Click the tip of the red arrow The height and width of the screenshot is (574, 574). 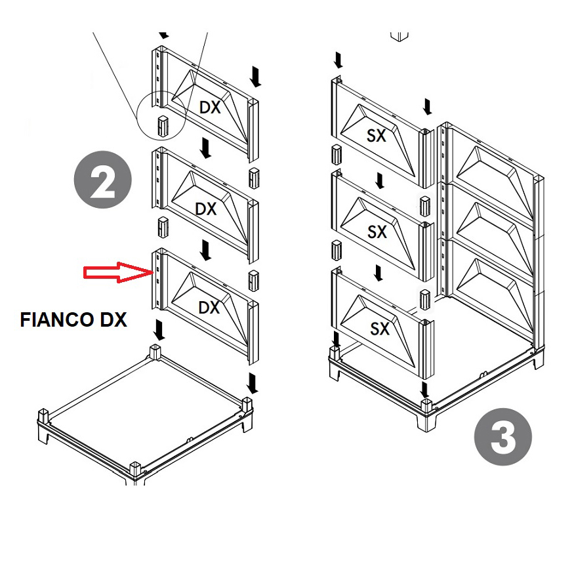(152, 272)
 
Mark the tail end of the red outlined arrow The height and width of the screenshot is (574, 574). (84, 273)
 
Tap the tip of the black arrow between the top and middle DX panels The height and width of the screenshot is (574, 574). (206, 158)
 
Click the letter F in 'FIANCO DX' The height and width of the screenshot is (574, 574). (26, 319)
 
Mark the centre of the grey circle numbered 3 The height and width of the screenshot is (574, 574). (502, 436)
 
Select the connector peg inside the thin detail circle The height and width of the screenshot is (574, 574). (163, 127)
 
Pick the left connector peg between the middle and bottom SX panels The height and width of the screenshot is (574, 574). (337, 250)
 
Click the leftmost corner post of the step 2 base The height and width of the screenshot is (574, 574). (43, 418)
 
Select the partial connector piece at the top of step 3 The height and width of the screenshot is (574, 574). (400, 36)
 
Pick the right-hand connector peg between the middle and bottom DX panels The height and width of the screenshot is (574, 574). (254, 280)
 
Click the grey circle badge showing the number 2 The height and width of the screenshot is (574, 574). (103, 180)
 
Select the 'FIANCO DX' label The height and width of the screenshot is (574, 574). (73, 319)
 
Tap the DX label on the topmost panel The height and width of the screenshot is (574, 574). (210, 108)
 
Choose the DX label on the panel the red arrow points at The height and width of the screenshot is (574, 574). (209, 308)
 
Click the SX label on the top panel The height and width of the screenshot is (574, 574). (377, 136)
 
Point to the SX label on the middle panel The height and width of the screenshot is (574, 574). (377, 232)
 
